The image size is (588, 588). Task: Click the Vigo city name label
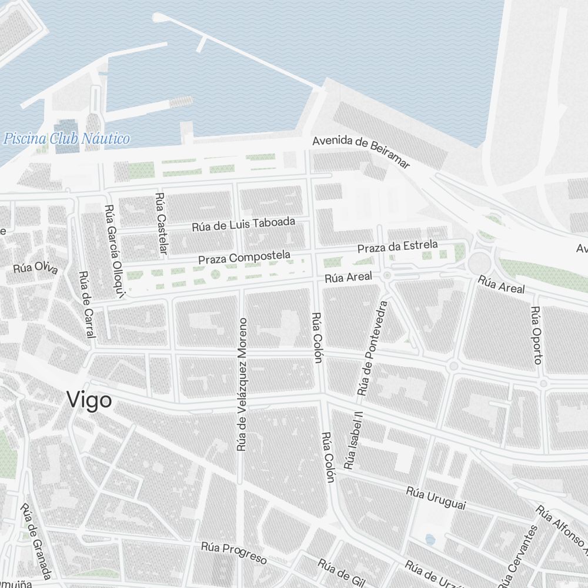tap(89, 400)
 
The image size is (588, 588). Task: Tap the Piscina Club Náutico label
tap(66, 139)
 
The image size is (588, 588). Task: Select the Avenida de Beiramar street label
tap(360, 152)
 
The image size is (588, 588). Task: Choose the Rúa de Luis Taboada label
tap(243, 225)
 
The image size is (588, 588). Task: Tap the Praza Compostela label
tap(244, 257)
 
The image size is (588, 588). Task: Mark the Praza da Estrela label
tap(397, 247)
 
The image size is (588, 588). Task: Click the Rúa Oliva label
tap(35, 268)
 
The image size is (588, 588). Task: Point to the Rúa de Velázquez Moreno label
tap(241, 385)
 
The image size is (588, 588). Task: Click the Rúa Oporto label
tap(536, 335)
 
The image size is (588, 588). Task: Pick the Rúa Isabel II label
tap(355, 440)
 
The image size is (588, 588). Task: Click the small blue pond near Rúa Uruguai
tap(430, 539)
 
